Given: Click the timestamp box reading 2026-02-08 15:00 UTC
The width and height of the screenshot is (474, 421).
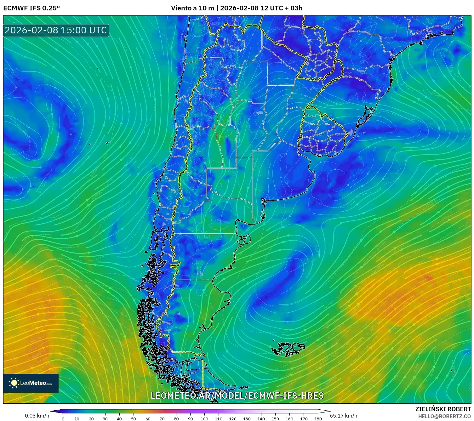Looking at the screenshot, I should click(x=56, y=30).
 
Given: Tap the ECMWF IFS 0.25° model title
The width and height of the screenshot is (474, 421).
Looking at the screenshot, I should click(x=31, y=8).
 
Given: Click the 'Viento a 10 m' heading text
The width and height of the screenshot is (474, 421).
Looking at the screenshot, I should click(x=192, y=8).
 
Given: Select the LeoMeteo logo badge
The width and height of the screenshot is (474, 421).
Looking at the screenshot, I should click(x=31, y=383).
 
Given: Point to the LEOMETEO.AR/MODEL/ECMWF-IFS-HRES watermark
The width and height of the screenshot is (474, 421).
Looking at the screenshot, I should click(x=237, y=395).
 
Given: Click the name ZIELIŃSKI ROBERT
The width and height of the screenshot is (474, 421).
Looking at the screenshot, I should click(x=443, y=409).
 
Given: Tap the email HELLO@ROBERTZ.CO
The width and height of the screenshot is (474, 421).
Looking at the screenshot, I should click(x=444, y=416).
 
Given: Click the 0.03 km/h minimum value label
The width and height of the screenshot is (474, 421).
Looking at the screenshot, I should click(x=37, y=416).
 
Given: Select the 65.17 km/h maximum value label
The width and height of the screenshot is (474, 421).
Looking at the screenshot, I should click(x=343, y=416).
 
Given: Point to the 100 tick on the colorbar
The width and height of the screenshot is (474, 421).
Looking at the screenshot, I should click(x=204, y=419).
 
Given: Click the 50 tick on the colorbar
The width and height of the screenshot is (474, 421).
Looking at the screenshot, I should click(x=134, y=419).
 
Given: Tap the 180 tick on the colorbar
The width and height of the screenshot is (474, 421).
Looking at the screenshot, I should click(x=318, y=419).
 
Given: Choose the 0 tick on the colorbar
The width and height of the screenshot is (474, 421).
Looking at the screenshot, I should click(x=63, y=419).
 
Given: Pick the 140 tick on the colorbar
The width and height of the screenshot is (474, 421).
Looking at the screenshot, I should click(x=261, y=419).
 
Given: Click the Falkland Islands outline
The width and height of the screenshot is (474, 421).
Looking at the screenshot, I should click(x=288, y=349).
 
